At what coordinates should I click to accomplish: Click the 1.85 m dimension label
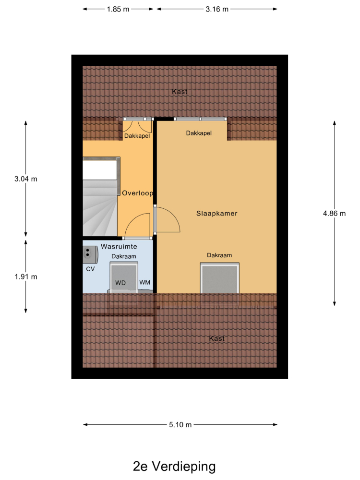point(118,9)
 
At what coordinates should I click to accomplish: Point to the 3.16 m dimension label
point(217,9)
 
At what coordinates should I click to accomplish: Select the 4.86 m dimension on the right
point(334,214)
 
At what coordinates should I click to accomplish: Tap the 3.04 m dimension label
point(26,179)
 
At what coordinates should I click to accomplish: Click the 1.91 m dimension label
point(26,277)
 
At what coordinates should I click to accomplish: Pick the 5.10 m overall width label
point(180,425)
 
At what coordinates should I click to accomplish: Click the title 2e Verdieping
point(174,466)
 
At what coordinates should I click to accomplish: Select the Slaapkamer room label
point(217,214)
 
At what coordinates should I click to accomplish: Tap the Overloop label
point(137,193)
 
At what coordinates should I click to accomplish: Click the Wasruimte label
point(119,246)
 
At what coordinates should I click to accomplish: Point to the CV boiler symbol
point(91,254)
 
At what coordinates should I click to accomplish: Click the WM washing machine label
point(145,283)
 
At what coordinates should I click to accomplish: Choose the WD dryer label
point(120,283)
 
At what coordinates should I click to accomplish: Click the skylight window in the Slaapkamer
point(220,278)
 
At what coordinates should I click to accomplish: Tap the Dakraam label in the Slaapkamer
point(219,255)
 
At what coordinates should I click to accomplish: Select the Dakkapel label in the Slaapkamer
point(199,133)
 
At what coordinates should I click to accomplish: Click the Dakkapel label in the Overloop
point(137,136)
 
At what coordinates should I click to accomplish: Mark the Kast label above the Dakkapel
point(180,92)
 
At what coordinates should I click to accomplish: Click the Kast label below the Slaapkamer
point(217,338)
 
